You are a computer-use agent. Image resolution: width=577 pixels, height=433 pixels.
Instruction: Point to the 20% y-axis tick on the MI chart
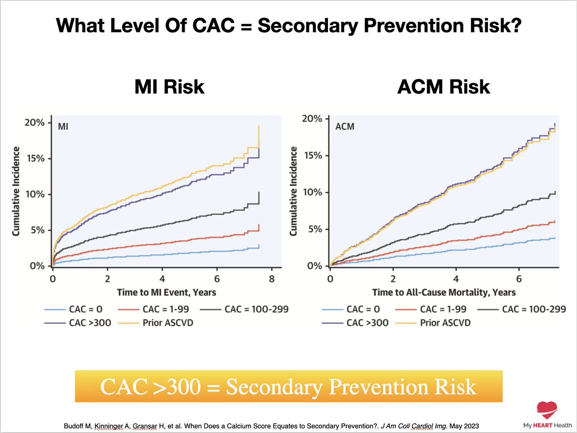(34, 123)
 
